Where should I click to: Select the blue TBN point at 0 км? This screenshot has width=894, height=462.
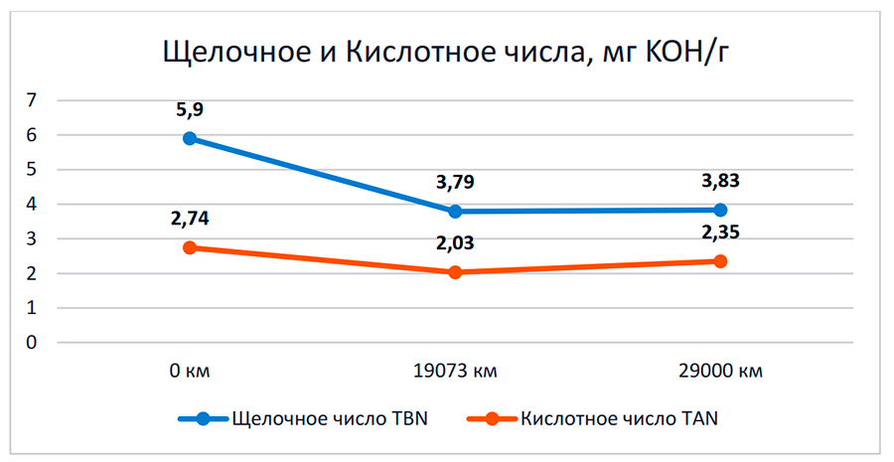click(x=190, y=138)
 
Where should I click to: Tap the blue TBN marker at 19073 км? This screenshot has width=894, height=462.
click(x=455, y=211)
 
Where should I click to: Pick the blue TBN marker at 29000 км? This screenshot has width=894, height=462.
click(x=720, y=210)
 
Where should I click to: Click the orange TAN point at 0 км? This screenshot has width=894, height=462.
click(x=190, y=247)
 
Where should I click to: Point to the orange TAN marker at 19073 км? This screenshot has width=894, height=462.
click(x=455, y=272)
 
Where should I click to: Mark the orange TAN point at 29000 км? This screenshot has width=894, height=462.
click(x=720, y=261)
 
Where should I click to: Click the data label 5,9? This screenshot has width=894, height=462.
click(x=190, y=109)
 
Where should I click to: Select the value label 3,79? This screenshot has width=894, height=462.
click(x=455, y=183)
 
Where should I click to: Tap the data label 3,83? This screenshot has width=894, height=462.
click(x=720, y=181)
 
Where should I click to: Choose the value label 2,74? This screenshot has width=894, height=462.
click(x=190, y=220)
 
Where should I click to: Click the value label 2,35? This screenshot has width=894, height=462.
click(x=720, y=233)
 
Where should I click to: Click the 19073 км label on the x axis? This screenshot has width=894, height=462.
click(x=455, y=373)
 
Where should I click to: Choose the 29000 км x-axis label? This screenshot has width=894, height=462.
click(x=720, y=373)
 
